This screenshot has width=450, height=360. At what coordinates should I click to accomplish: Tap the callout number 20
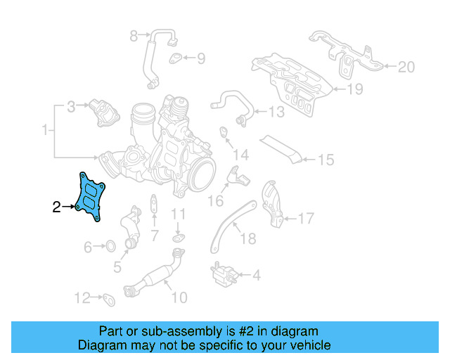(406, 67)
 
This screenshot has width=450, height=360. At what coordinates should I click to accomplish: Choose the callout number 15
(325, 160)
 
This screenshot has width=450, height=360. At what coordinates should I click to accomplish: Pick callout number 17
(305, 219)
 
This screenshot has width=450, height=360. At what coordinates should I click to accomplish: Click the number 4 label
(255, 276)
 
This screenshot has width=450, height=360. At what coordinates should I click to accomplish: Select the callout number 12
(83, 297)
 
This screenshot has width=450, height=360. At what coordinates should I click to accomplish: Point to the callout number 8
(134, 35)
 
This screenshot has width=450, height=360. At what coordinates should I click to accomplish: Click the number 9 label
(200, 59)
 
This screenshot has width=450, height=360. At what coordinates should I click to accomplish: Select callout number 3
(71, 108)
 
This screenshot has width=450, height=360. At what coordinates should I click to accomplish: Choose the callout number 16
(214, 201)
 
